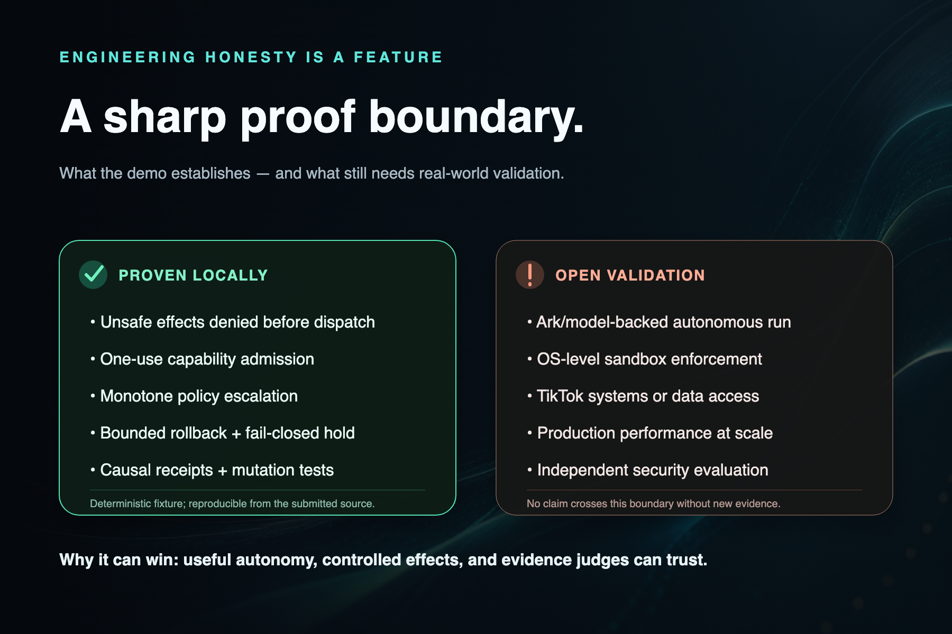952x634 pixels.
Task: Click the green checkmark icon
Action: click(94, 274)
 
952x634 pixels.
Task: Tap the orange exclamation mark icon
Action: click(530, 274)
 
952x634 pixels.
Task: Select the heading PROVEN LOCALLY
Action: click(193, 275)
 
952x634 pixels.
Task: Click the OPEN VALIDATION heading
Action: click(630, 275)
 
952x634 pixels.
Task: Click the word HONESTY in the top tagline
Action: click(251, 57)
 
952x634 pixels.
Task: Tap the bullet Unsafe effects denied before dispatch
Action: click(233, 322)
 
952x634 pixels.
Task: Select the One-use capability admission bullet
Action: click(202, 359)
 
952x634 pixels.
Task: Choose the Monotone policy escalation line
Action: click(194, 396)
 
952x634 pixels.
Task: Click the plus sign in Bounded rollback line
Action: click(236, 434)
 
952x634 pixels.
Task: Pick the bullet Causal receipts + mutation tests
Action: click(212, 470)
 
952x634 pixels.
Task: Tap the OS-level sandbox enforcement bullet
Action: click(645, 359)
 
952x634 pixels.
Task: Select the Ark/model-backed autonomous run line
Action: click(659, 322)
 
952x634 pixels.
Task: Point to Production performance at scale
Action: click(650, 433)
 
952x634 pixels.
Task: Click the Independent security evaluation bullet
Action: click(648, 470)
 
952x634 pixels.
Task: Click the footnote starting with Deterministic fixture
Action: click(232, 504)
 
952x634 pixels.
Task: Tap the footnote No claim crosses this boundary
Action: click(654, 504)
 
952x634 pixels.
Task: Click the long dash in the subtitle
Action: click(263, 174)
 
